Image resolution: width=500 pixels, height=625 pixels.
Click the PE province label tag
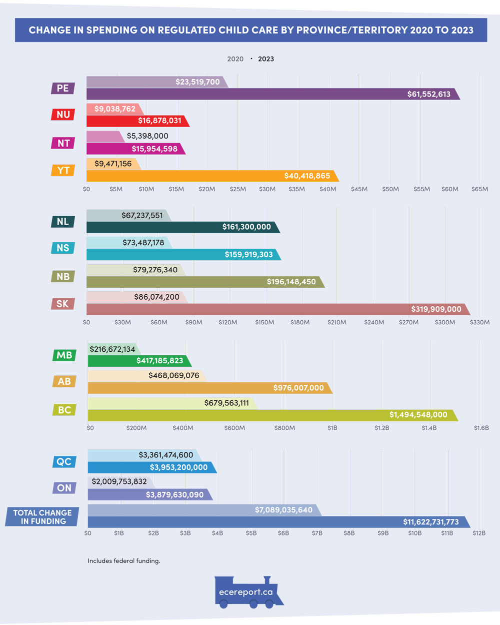tap(63, 88)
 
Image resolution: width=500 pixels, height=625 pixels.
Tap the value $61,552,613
tap(428, 94)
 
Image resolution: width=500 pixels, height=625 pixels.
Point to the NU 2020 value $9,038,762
tap(114, 109)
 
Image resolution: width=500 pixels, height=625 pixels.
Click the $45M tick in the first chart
tap(359, 189)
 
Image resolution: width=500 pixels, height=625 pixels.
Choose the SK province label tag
tap(62, 304)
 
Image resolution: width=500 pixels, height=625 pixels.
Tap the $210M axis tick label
tap(336, 322)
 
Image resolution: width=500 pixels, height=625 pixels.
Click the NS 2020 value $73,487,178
tap(143, 243)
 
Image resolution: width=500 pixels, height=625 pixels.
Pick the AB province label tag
tap(64, 381)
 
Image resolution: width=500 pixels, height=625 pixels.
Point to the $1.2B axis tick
tap(381, 428)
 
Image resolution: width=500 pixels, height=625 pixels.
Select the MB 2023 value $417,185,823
tap(159, 361)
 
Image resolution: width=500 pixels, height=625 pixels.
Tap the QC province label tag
tap(64, 461)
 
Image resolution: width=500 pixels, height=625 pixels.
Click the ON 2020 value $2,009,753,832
tap(119, 481)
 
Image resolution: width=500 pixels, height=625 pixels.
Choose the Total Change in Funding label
tap(43, 517)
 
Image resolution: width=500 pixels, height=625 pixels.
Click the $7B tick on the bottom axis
tap(317, 533)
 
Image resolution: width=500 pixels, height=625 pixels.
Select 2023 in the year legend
tap(266, 59)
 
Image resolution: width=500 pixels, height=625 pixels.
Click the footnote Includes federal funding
tap(124, 561)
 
